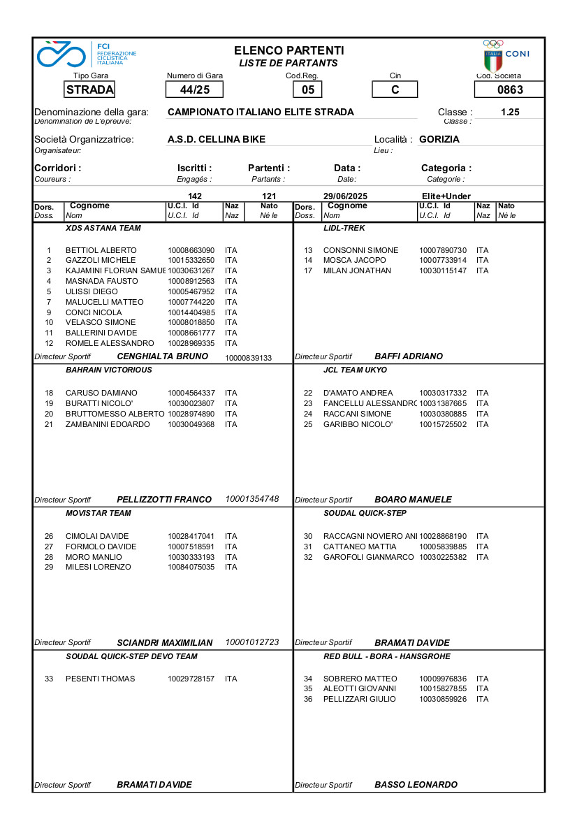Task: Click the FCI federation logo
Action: (x=87, y=54)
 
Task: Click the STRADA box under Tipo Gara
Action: (x=89, y=89)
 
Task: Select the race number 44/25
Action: (x=194, y=89)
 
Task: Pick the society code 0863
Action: (x=509, y=89)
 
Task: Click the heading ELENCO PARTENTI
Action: (x=288, y=50)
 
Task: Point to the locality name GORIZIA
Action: (x=439, y=139)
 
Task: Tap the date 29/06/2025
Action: (x=345, y=196)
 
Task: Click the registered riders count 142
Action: (x=195, y=196)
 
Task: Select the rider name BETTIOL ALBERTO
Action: (x=101, y=250)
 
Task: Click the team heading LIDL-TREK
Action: (x=344, y=228)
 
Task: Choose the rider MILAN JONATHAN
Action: (x=357, y=270)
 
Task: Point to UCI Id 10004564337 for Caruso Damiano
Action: (x=191, y=393)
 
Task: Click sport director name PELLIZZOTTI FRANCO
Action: (x=164, y=500)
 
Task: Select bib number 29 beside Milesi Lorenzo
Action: (x=49, y=567)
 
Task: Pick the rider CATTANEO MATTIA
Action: (x=360, y=547)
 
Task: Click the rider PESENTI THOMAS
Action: (x=101, y=679)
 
